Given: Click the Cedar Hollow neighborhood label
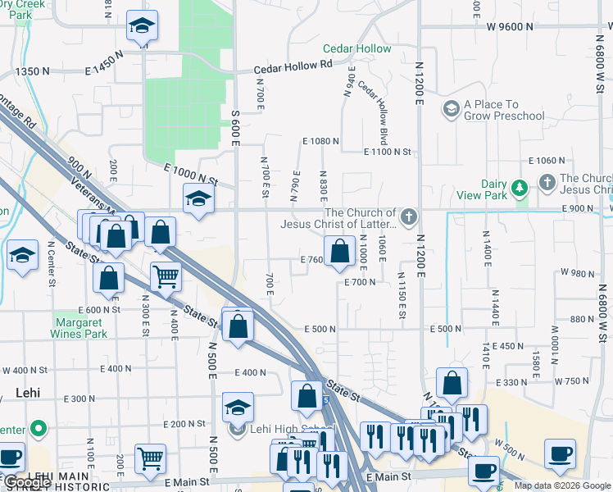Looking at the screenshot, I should coord(356,49).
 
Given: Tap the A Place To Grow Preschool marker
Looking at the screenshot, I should coord(451,109).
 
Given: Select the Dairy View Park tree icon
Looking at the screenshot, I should coord(519,189).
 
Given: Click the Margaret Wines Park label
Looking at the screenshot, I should coord(81,328).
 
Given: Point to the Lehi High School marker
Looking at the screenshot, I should coord(238,428).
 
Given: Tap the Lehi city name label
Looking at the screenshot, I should coord(28,394).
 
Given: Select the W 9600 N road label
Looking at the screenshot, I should coord(509,26).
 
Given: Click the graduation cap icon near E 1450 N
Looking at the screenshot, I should coord(142,27).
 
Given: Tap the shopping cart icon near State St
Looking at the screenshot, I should coord(166,277).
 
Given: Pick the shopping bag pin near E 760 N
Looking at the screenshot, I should coord(339,250).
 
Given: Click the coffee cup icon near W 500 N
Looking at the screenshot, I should coord(560,453).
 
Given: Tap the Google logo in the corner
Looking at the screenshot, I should coord(26,482).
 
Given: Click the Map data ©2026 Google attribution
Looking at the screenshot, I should coord(561,485).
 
